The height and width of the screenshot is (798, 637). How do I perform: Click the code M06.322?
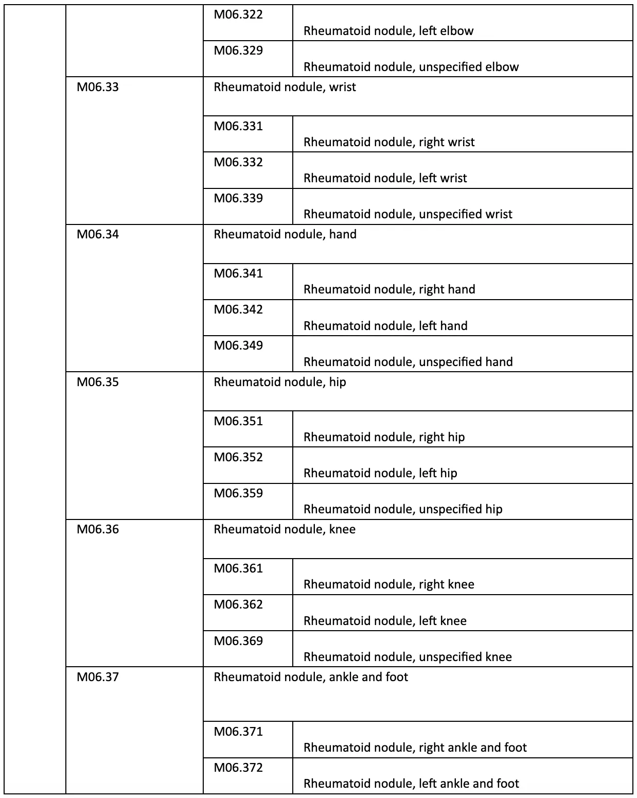point(238,15)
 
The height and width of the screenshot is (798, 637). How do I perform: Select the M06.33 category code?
point(98,87)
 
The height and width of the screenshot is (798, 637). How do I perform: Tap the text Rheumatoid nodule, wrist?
point(285,87)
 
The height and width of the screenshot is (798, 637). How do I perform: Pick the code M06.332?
point(238,163)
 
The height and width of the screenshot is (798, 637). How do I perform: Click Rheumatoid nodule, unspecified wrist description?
point(408,214)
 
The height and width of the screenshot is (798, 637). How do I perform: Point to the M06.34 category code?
point(98,235)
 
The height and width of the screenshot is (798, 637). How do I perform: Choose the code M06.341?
point(238,274)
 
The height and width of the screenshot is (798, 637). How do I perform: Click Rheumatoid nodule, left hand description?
point(385,326)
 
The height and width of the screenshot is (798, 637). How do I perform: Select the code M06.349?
point(238,346)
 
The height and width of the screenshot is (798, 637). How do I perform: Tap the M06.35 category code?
point(98,383)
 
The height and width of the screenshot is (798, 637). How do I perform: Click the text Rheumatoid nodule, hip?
point(280,383)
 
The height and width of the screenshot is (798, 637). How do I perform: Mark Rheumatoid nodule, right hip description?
point(384,437)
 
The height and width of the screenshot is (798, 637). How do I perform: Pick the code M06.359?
point(238,494)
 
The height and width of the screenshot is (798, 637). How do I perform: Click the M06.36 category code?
point(98,530)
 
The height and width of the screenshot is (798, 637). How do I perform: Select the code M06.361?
point(238,569)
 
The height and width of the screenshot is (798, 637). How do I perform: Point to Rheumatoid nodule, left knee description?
point(385,621)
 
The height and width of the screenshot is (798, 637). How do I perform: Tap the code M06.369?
point(238,641)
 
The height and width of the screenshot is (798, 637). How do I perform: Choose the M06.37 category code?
point(98,678)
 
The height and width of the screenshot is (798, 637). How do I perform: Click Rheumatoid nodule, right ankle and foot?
point(415,748)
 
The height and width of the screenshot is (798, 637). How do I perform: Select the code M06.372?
point(238,768)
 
